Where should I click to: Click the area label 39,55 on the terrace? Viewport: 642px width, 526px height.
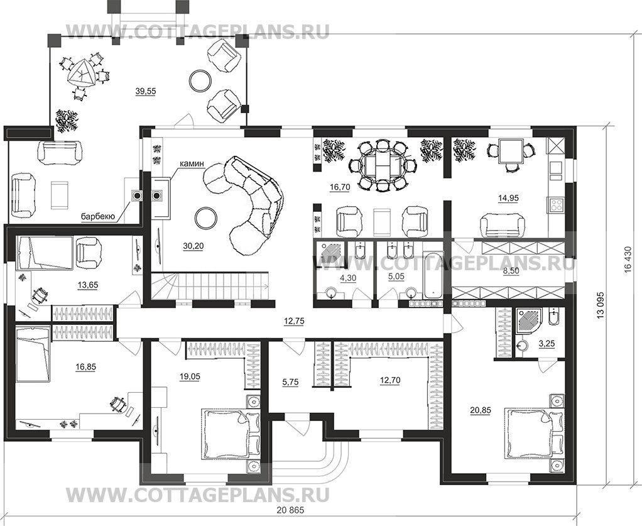pyautogui.click(x=145, y=91)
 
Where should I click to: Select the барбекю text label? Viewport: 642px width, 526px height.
pyautogui.click(x=97, y=217)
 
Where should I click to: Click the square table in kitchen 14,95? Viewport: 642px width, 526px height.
pyautogui.click(x=509, y=151)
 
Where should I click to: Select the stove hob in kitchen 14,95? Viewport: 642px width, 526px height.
pyautogui.click(x=557, y=204)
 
